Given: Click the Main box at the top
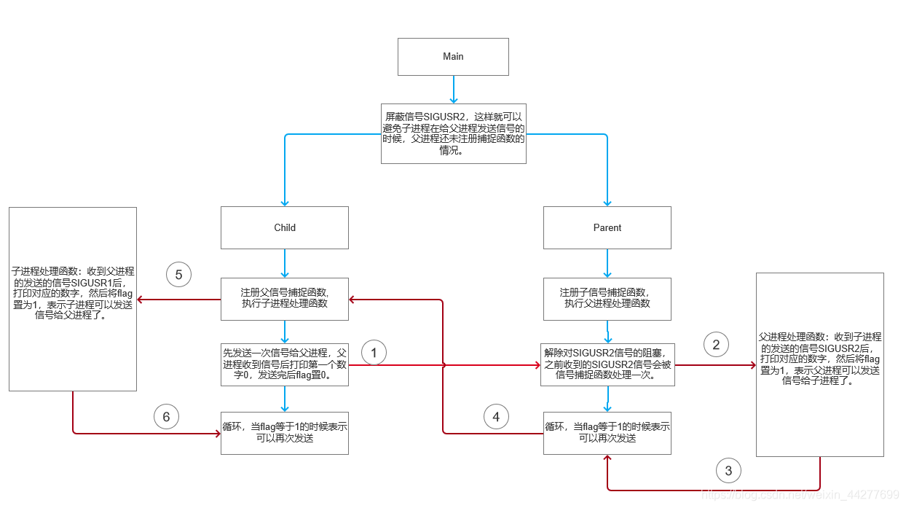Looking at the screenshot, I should tap(453, 57).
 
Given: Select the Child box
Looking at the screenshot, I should tap(285, 227).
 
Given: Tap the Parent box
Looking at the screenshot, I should tap(607, 227).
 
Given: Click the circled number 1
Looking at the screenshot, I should tap(374, 353).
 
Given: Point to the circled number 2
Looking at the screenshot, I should tap(716, 345).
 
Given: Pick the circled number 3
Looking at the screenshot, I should tap(729, 471).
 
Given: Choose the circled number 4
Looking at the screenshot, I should tap(496, 417).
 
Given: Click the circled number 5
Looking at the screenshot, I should tap(178, 275).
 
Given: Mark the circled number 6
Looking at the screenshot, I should tap(166, 417).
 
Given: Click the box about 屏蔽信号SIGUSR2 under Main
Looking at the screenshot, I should tap(453, 133).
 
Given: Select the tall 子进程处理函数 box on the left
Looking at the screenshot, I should tap(73, 299).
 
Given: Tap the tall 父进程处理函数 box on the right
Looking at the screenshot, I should tap(820, 364).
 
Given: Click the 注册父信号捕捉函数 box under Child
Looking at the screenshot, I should tap(285, 298).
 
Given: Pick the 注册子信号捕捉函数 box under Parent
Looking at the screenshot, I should tap(607, 298).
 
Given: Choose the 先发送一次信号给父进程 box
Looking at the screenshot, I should tap(285, 364).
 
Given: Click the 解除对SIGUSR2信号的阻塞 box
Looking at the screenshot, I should tap(607, 364).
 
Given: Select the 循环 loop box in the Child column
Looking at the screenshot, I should tap(285, 433).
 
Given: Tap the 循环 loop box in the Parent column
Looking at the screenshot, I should tap(607, 433).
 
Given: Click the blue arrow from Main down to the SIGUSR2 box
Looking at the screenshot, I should tap(453, 89).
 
